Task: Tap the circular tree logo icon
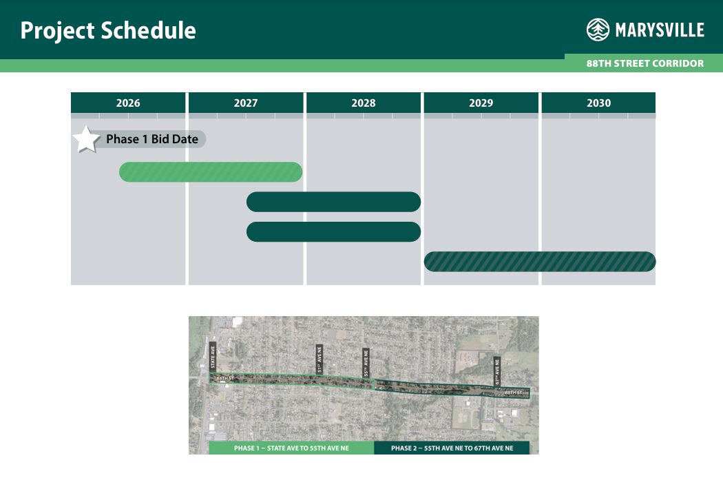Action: tap(598, 30)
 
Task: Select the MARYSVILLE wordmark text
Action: tap(659, 30)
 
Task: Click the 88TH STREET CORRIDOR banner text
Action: tap(645, 63)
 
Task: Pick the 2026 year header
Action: tap(128, 103)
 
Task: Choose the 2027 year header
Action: tap(246, 103)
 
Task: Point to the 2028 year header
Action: tap(364, 103)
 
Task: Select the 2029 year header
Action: tap(481, 103)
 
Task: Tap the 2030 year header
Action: tap(598, 103)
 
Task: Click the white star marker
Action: tap(87, 139)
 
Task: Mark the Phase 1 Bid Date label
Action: tap(152, 139)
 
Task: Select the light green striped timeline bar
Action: tap(211, 172)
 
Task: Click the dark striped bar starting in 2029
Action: tap(540, 262)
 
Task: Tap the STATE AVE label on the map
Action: tap(213, 356)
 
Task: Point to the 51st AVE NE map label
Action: tap(319, 360)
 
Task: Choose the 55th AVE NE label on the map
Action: tap(366, 363)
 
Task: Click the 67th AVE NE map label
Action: tap(497, 371)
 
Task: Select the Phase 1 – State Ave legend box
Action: tap(291, 448)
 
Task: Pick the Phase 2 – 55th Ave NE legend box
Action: tap(452, 448)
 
